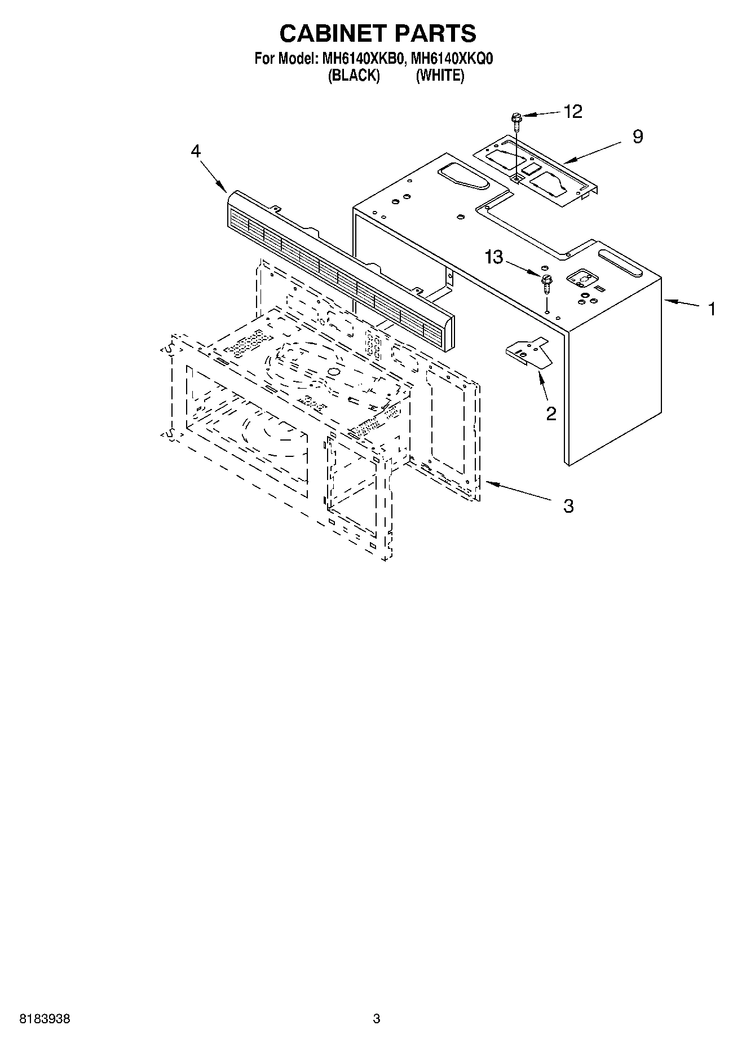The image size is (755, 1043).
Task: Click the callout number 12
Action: [x=572, y=112]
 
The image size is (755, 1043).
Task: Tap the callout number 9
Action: [x=637, y=137]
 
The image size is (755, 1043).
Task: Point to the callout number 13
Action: [x=493, y=257]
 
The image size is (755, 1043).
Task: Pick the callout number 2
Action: [x=551, y=413]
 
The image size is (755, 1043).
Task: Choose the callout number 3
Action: [x=568, y=505]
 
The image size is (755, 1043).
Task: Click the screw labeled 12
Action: [x=516, y=120]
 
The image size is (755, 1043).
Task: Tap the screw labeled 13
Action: [x=546, y=282]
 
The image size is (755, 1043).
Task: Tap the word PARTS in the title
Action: [x=435, y=34]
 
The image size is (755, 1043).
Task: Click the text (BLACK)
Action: [x=354, y=76]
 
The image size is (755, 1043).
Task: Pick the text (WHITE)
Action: [x=440, y=76]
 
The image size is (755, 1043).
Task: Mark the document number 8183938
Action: [x=45, y=1019]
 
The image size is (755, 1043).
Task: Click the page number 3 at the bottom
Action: [x=377, y=1019]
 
